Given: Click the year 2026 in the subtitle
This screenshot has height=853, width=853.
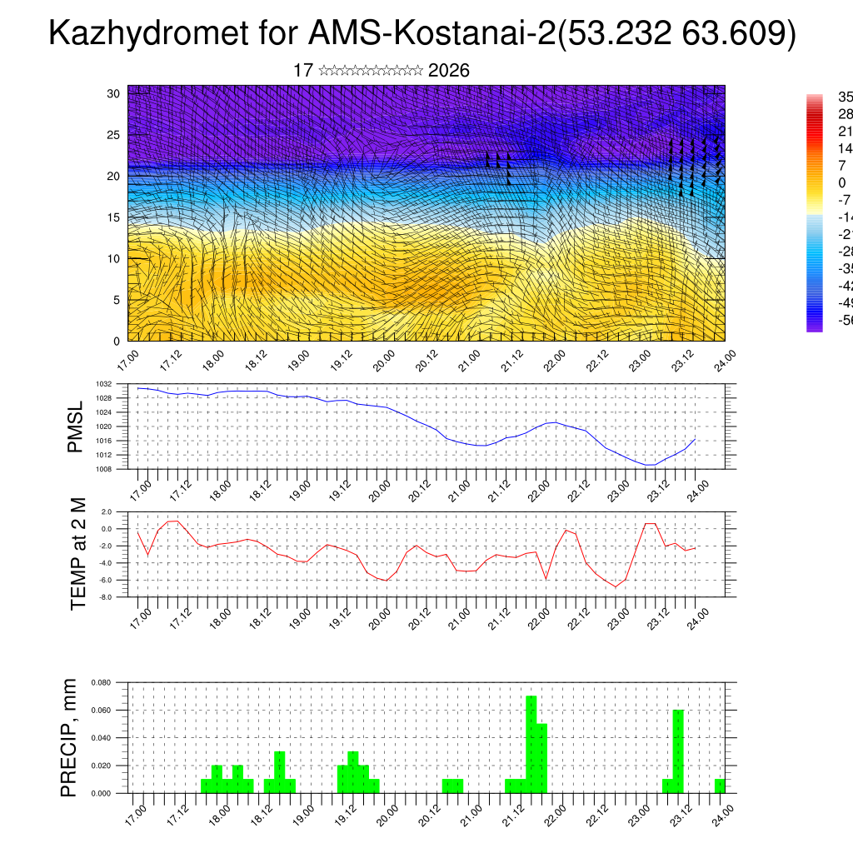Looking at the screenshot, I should tap(448, 71).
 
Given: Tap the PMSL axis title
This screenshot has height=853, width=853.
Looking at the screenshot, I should tap(76, 426).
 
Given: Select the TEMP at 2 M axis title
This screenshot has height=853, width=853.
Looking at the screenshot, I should tap(78, 554).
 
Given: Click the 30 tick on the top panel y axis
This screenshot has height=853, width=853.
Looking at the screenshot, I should tap(113, 93).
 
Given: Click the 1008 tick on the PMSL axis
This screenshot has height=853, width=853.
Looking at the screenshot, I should tap(104, 469).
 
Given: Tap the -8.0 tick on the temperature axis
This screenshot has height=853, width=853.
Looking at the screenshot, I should tap(106, 597).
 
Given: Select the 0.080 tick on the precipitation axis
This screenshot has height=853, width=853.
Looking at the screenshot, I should tap(102, 682).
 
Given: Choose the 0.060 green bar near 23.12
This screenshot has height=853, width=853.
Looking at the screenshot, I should tap(678, 751).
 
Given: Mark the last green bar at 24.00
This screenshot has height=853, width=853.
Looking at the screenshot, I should tap(720, 786).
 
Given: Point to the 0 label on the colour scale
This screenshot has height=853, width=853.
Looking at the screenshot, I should tap(842, 182).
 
